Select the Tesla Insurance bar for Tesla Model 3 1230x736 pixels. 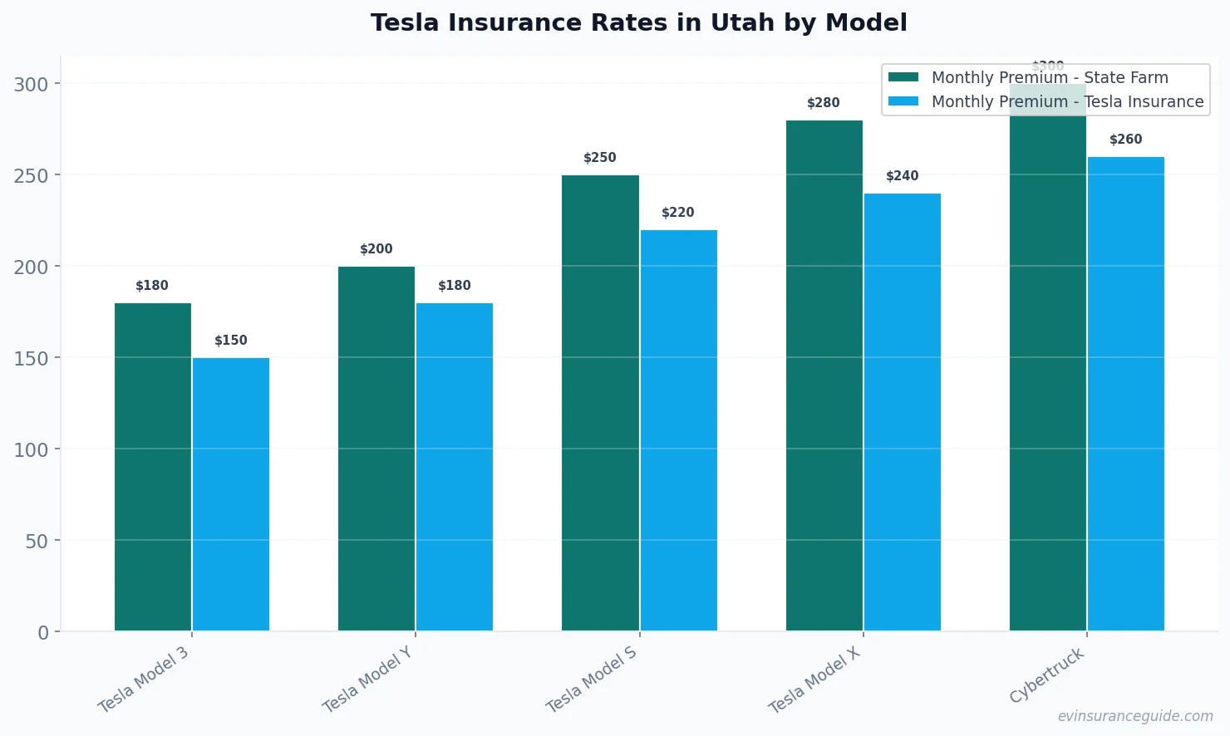tap(231, 494)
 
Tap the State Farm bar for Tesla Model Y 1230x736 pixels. tap(376, 449)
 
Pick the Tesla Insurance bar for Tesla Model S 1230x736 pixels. tap(678, 430)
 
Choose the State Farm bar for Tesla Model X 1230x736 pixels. tap(824, 375)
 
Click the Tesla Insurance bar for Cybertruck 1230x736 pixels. tap(1125, 394)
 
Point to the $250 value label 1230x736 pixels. tap(599, 158)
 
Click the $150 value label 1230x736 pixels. tap(231, 341)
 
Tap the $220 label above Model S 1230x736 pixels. tap(677, 213)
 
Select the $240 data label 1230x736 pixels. tap(902, 176)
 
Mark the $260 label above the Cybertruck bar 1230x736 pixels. tap(1125, 140)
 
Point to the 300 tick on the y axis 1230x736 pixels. tap(31, 84)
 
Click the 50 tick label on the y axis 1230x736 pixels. tap(37, 541)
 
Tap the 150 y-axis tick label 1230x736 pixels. tap(31, 358)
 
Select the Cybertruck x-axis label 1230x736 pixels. tap(1046, 675)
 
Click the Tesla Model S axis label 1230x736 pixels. tap(591, 680)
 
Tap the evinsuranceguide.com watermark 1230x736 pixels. tap(1134, 716)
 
